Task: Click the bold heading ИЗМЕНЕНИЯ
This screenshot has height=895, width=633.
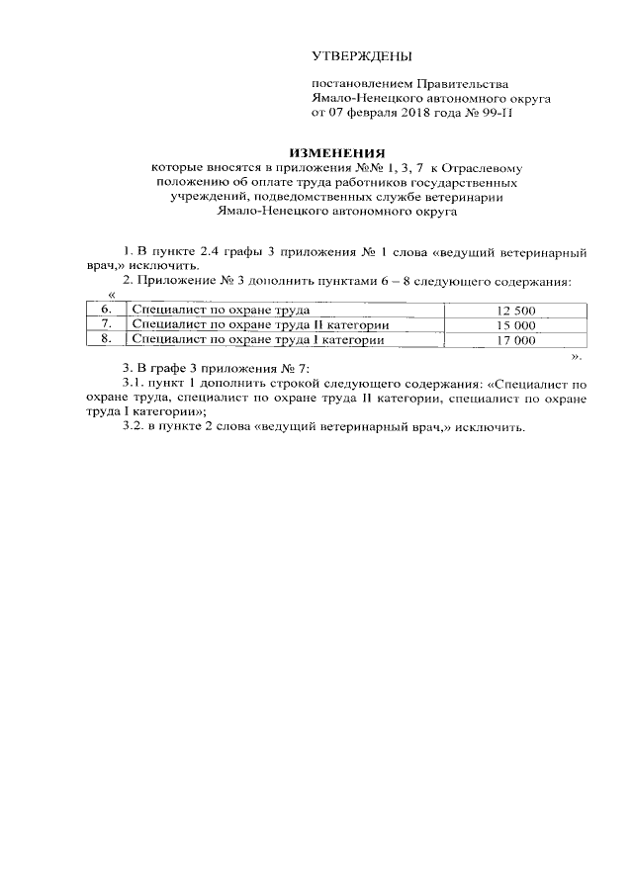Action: tap(335, 153)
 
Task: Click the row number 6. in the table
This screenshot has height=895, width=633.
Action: tap(106, 311)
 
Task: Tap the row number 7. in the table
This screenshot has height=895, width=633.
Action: tap(106, 325)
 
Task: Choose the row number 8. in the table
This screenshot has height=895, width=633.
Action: tap(106, 340)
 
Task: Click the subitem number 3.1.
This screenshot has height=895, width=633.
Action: tap(133, 381)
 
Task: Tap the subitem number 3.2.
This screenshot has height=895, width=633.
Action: tap(133, 428)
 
